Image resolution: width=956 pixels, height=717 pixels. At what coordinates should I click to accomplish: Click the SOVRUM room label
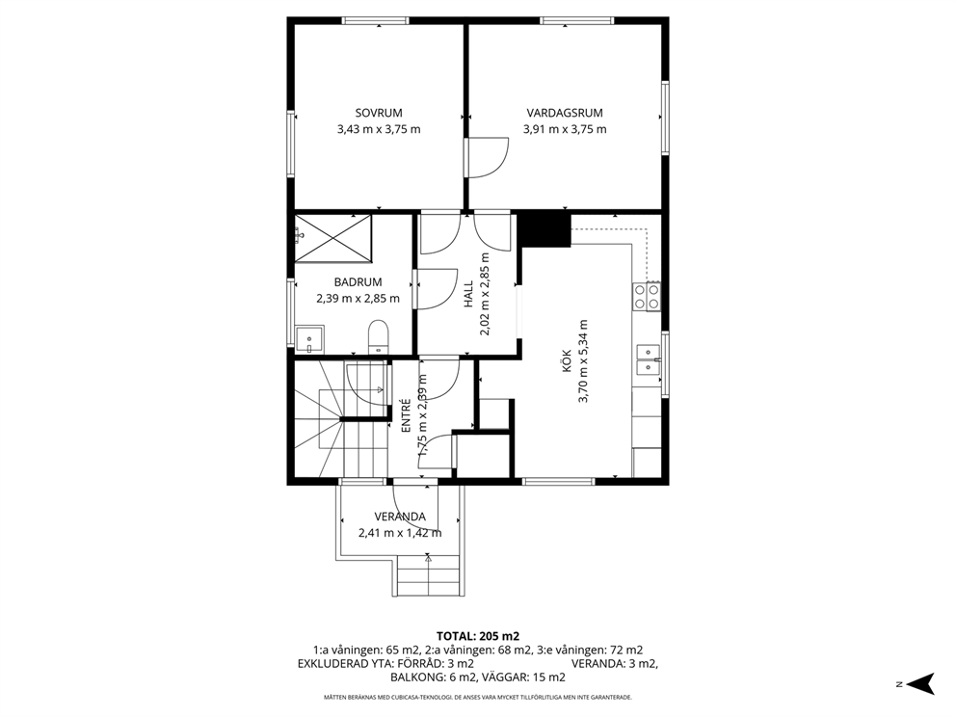tap(379, 113)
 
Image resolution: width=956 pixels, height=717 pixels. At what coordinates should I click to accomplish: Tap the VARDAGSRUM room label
tap(565, 113)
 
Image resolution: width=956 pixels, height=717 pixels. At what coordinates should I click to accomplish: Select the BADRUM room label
tap(358, 282)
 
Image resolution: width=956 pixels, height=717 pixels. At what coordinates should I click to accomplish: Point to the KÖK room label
tap(565, 360)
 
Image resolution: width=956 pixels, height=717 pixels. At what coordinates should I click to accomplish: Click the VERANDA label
tap(400, 517)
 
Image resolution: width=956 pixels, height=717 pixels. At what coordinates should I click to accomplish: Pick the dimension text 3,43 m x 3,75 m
tap(379, 129)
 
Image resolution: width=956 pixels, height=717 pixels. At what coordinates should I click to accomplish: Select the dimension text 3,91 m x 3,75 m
tap(565, 129)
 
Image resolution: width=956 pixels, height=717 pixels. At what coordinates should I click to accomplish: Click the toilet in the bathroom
tap(378, 336)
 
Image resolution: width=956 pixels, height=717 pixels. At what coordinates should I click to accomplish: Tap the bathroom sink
tap(309, 339)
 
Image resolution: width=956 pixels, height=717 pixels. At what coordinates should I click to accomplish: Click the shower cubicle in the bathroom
tap(332, 237)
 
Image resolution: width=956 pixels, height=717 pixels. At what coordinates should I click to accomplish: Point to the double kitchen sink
tap(649, 359)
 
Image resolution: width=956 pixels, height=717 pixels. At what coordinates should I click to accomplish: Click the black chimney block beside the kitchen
tap(544, 228)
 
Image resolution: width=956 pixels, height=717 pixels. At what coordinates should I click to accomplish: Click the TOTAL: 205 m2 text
tap(477, 636)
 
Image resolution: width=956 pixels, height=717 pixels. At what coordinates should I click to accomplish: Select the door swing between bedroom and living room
tap(487, 158)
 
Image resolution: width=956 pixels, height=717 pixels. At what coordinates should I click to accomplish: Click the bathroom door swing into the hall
tap(436, 288)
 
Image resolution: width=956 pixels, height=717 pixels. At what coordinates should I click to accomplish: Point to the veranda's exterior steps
tap(428, 575)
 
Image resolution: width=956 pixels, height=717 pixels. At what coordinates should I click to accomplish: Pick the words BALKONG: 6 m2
tap(434, 677)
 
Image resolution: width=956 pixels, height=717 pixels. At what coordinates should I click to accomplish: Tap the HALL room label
tap(469, 294)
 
